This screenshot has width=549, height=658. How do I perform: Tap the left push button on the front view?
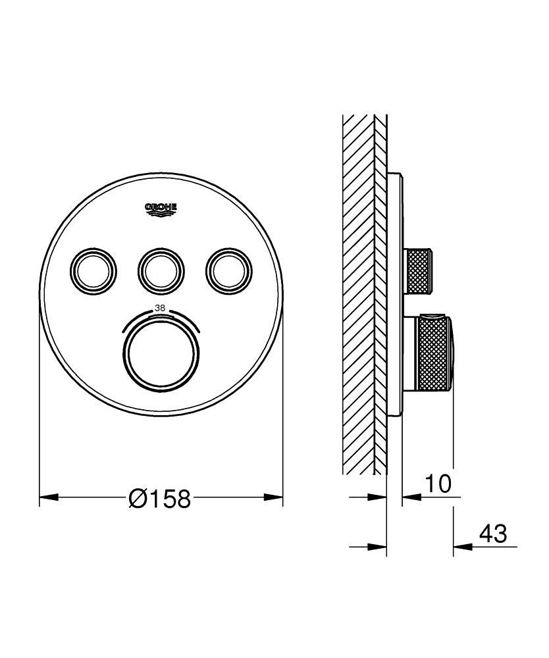[x=93, y=268]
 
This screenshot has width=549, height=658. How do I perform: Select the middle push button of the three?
[x=161, y=268]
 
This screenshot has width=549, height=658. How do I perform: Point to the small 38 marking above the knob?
[x=160, y=307]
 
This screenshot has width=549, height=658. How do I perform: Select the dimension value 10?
[x=437, y=484]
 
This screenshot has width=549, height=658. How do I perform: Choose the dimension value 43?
[x=492, y=534]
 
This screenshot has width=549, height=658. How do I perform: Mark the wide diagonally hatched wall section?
[x=359, y=296]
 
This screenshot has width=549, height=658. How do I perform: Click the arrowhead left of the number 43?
[x=460, y=546]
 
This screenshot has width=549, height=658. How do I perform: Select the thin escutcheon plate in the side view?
[x=394, y=296]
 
